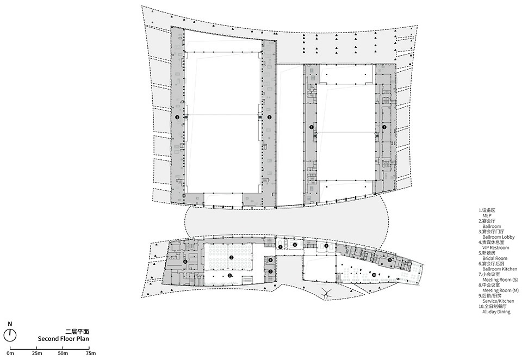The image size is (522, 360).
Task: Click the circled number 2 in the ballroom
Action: point(231,257)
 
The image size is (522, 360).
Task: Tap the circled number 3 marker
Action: point(230,276)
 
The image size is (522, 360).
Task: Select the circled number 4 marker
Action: point(270,260)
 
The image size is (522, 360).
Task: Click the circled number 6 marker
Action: point(185,261)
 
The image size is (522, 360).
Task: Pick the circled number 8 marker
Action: point(295,245)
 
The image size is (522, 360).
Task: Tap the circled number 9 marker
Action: point(390,259)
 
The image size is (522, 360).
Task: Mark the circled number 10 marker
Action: point(374,274)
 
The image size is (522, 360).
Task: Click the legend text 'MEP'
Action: point(487,215)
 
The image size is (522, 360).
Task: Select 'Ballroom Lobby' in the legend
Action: point(498,237)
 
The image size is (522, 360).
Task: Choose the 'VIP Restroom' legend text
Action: point(495,247)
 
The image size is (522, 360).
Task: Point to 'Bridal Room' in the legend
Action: point(494,258)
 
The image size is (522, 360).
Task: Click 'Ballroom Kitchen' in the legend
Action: point(499,269)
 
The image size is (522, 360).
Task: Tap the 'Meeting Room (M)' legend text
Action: point(500,290)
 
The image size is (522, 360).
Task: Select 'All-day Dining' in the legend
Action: point(496,312)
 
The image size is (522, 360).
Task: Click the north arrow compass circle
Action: point(10,334)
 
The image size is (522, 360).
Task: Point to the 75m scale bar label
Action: point(90,354)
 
